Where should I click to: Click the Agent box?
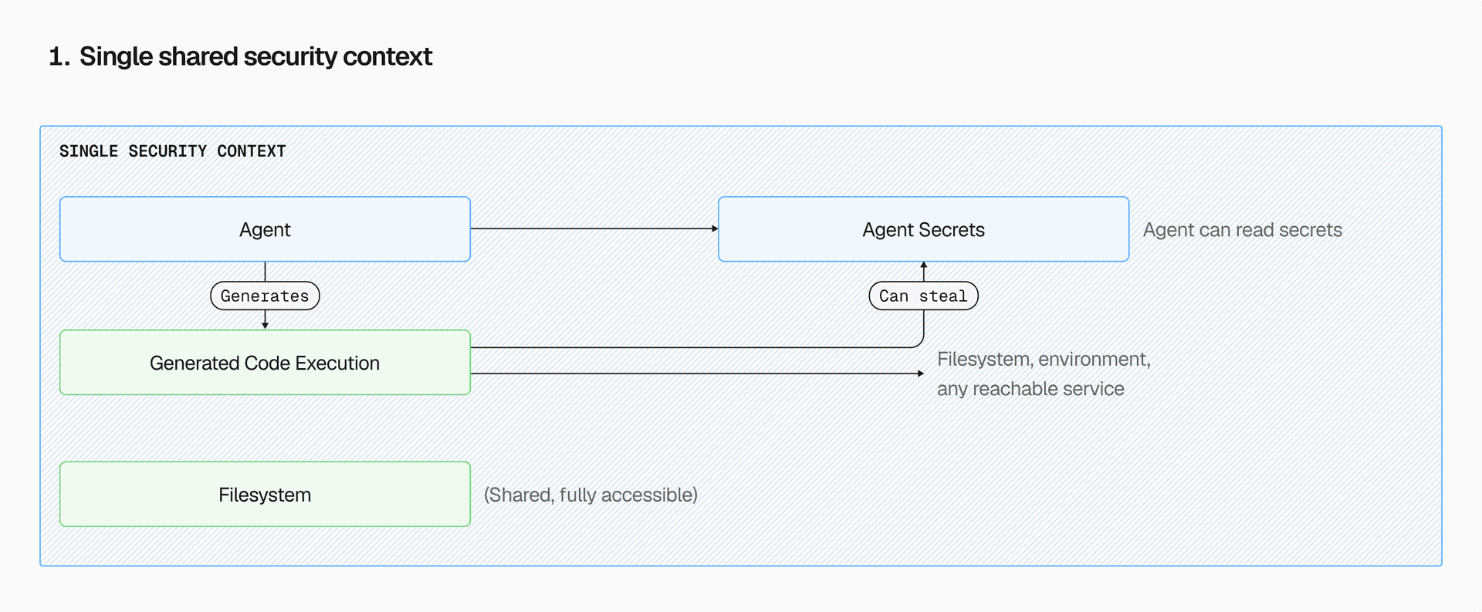point(265,229)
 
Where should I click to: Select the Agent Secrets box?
point(923,229)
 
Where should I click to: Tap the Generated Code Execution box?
point(265,363)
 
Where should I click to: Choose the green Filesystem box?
point(265,495)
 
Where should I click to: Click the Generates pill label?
point(265,296)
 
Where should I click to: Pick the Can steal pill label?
point(923,296)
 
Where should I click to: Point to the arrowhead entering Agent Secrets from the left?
point(715,228)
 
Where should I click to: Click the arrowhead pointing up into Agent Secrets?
point(924,265)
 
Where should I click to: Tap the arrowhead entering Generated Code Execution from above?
point(265,326)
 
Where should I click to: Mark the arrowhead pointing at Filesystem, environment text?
point(920,374)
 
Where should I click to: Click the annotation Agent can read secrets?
point(1242,230)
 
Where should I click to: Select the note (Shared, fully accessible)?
point(590,495)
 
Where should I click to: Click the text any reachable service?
point(1030,389)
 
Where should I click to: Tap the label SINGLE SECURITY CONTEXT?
point(172,151)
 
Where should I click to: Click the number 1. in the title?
point(59,57)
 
